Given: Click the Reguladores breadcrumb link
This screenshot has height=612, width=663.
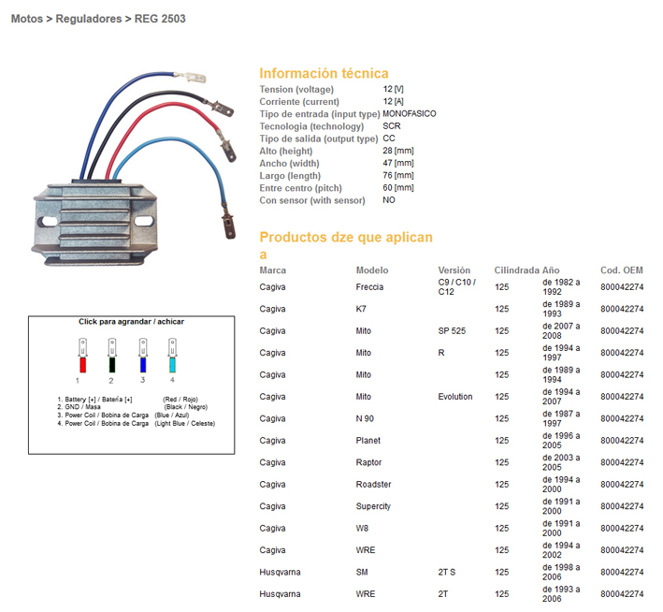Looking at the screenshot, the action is coord(89,19).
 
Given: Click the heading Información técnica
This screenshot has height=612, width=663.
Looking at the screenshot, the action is coord(324,73).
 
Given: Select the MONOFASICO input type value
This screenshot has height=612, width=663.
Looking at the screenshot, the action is coord(410,114).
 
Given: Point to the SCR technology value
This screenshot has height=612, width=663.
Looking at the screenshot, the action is coord(392,126).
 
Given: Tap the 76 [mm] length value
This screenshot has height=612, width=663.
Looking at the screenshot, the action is coord(398,175).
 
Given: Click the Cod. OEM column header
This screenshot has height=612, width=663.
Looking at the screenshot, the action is coord(622,270).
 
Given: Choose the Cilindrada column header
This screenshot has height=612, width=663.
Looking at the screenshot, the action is coord(517,270).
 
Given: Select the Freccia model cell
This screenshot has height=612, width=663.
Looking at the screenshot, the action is coord(369,287).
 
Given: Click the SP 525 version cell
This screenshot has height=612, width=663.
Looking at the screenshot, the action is coord(452,331).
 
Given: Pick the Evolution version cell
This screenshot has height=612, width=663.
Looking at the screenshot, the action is coord(455,397).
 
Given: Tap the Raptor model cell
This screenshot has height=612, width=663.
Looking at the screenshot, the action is coord(368,462).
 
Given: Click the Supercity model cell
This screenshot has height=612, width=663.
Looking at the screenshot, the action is coord(373,506).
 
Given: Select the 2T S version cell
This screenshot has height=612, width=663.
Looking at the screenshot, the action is coord(446,572).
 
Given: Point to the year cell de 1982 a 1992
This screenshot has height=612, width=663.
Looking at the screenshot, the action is coord(561,287).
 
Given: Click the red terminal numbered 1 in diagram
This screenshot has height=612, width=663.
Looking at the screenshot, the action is coord(83,364).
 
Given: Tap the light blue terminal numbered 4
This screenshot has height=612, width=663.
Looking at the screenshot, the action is coord(172,364).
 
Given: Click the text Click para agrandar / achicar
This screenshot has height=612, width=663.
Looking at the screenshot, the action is coord(131,322).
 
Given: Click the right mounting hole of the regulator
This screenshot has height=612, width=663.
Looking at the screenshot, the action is coord(144,222).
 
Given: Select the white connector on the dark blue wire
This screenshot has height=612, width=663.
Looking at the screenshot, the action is coord(191,78).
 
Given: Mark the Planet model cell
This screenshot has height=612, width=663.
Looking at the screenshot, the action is coord(368,441).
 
